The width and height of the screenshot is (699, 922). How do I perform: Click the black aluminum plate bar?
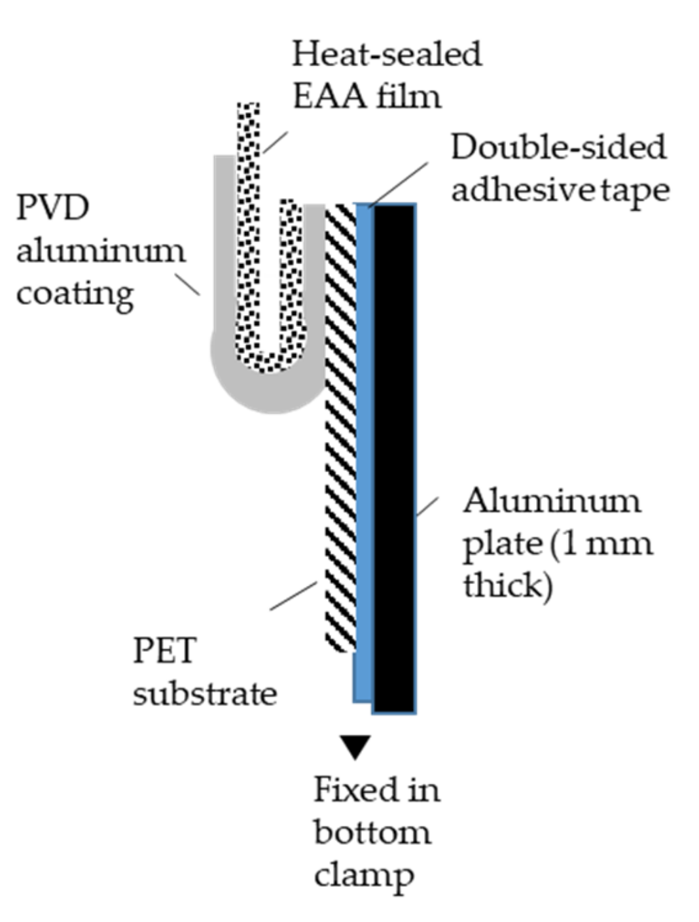coord(394,458)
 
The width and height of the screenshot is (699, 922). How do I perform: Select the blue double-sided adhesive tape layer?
coord(364,458)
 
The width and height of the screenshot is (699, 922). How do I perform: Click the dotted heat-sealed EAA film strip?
coord(248,229)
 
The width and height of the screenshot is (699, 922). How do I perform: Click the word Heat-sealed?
coord(386,54)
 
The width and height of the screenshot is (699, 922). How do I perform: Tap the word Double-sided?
coord(558,147)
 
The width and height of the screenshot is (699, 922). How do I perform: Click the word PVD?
coord(52,207)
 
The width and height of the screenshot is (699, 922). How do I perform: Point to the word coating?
coord(75,294)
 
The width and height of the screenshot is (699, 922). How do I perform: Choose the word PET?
coord(164,651)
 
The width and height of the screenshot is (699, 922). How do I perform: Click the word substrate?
coord(205,693)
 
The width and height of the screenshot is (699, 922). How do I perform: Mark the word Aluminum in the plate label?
coord(552,502)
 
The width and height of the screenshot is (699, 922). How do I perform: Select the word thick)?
coord(508,585)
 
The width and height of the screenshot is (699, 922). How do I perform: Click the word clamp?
coord(363,874)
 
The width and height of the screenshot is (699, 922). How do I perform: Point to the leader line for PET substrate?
coord(293,596)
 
